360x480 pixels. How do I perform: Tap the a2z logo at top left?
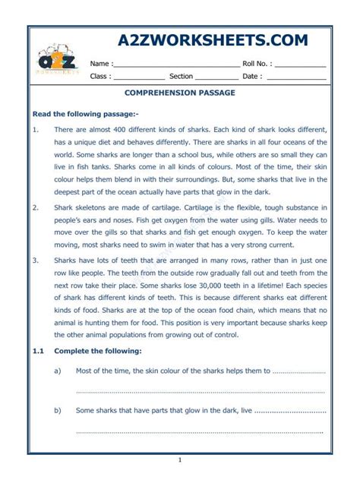(57, 62)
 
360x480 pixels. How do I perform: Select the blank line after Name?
(178, 65)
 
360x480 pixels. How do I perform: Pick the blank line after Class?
(139, 77)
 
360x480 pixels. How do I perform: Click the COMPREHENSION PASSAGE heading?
(180, 93)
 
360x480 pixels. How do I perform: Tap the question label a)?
(58, 371)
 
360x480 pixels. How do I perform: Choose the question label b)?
(58, 410)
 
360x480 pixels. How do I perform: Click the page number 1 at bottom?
(180, 459)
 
